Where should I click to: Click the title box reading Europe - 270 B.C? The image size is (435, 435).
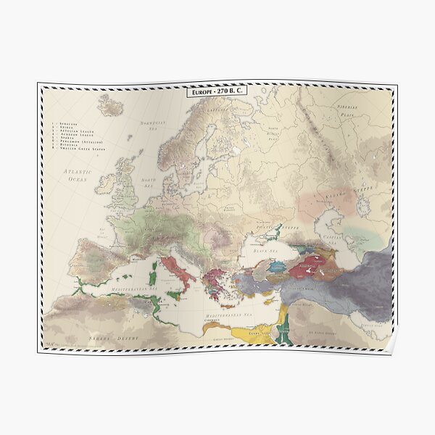tap(217, 93)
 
